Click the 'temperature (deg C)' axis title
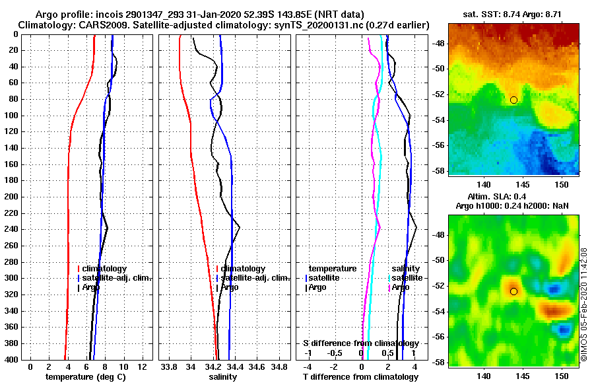coord(85,376)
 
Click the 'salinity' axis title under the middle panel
coord(222,376)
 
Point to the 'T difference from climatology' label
coord(360,376)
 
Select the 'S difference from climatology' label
coord(360,343)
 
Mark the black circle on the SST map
coord(513,100)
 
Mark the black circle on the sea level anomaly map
coord(513,291)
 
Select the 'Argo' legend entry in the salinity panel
coord(230,287)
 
